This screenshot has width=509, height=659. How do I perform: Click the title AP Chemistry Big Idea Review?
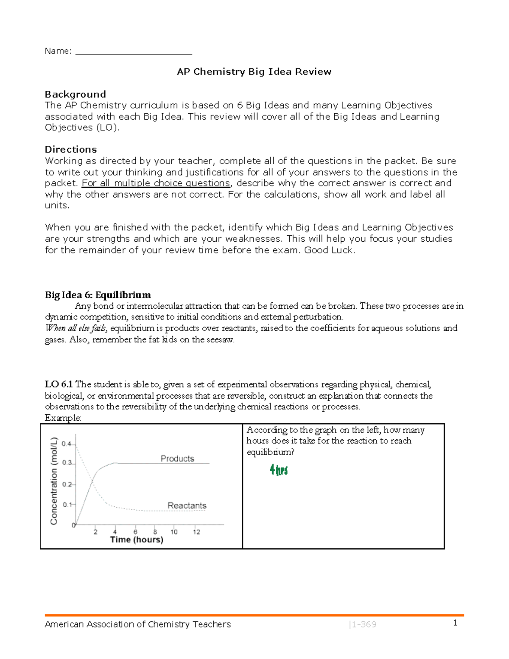click(x=254, y=72)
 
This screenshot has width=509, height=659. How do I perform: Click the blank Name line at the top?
click(x=134, y=52)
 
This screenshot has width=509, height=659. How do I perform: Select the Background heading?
click(x=76, y=94)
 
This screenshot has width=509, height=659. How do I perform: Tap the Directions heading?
click(x=71, y=149)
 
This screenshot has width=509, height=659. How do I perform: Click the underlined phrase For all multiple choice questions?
click(x=156, y=183)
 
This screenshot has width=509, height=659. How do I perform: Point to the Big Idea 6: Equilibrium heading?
click(x=98, y=295)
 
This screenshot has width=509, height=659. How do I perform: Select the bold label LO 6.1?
click(x=59, y=385)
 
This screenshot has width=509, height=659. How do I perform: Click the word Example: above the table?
click(x=63, y=418)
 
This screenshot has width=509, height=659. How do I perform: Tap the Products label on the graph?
click(x=177, y=458)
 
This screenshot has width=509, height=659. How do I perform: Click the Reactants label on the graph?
click(x=187, y=505)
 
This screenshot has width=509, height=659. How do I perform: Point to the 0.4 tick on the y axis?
click(x=67, y=444)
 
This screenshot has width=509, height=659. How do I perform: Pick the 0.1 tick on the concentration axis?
click(x=67, y=505)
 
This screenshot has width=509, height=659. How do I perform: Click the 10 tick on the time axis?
click(x=174, y=532)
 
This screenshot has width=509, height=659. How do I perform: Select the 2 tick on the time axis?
click(x=95, y=532)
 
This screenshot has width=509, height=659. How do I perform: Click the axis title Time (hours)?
click(x=137, y=540)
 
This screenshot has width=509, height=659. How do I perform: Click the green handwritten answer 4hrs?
click(x=279, y=470)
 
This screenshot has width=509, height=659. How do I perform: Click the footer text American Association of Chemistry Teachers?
click(x=137, y=624)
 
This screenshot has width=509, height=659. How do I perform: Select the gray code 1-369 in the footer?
click(x=363, y=625)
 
